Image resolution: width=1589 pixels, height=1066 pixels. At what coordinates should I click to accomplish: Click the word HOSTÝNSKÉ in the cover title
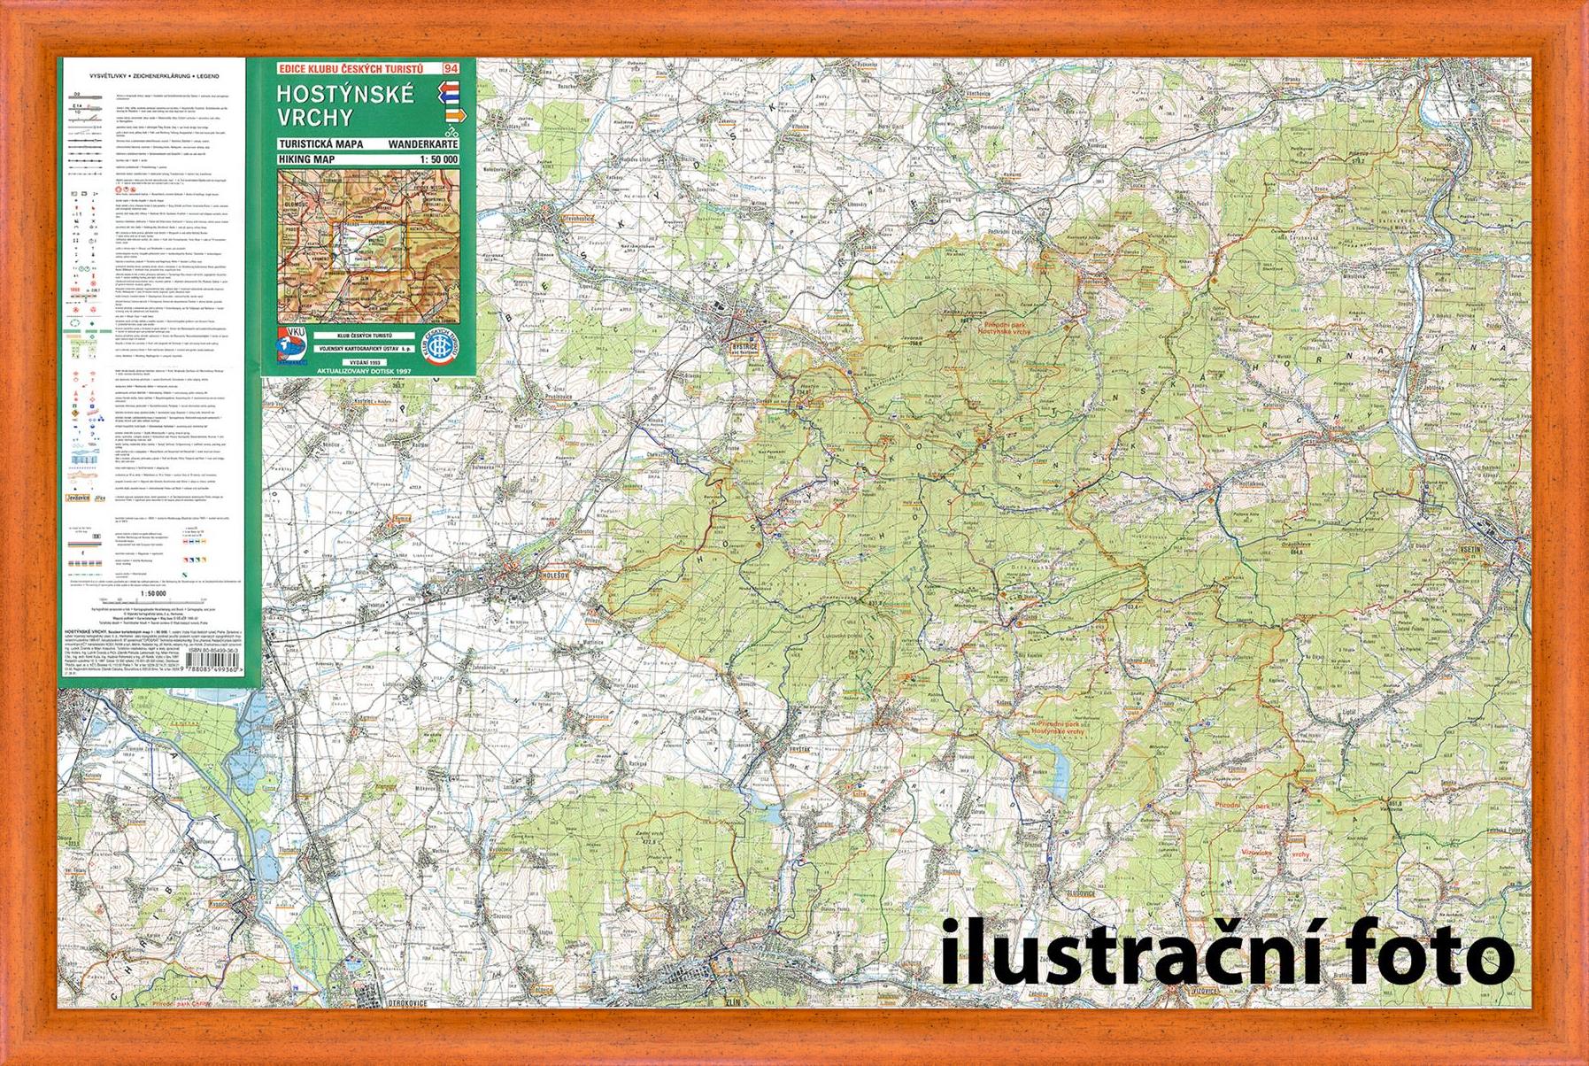click(344, 94)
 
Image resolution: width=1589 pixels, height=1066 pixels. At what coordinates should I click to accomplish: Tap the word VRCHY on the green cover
click(314, 118)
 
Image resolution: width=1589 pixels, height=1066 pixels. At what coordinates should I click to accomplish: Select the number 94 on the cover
click(451, 69)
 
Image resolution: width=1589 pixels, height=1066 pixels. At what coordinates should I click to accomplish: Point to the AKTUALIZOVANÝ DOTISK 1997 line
click(368, 372)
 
